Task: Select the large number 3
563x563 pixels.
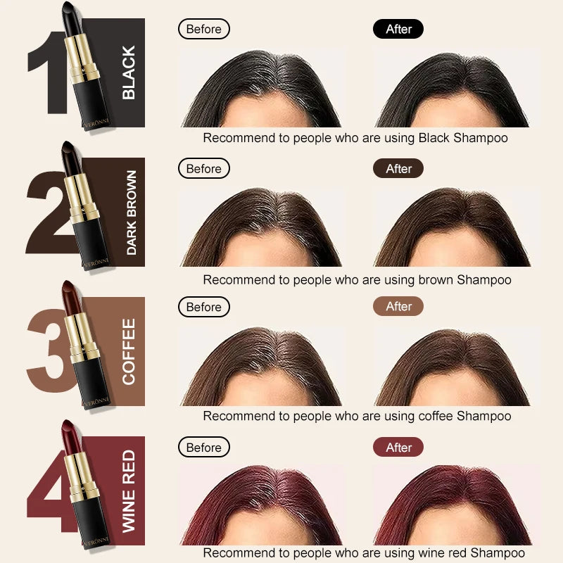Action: click(50, 350)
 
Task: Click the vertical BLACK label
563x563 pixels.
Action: click(129, 72)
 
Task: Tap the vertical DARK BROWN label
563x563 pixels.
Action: click(132, 213)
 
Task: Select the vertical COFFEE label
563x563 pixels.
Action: click(129, 351)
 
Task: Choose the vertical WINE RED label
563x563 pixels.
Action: click(129, 491)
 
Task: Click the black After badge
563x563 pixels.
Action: click(398, 29)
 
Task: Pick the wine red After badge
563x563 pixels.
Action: click(398, 447)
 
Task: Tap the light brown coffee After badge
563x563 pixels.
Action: click(398, 306)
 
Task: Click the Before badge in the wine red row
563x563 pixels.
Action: click(203, 447)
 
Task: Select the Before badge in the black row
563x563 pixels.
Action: click(203, 29)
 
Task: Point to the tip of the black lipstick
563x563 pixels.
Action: click(67, 4)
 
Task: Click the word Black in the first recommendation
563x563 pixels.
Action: click(434, 138)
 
